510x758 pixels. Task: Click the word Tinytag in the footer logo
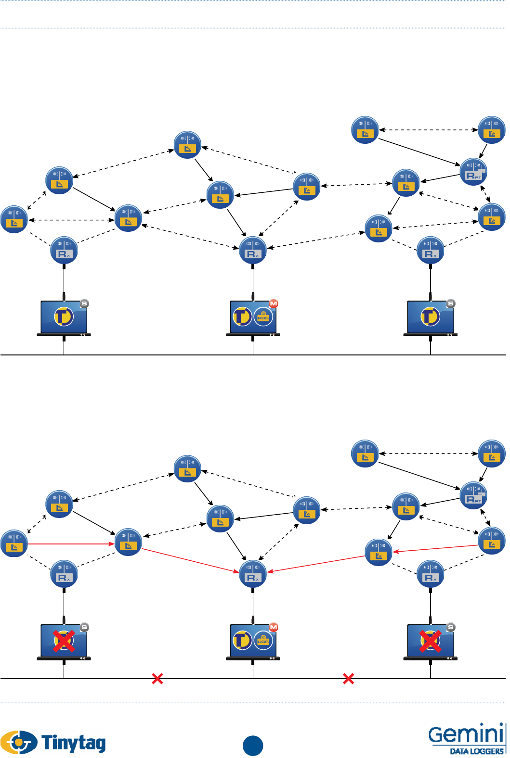pyautogui.click(x=74, y=743)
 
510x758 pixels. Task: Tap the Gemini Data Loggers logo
pyautogui.click(x=466, y=738)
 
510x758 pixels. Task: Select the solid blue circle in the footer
pyautogui.click(x=253, y=745)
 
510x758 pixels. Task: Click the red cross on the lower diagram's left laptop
pyautogui.click(x=64, y=641)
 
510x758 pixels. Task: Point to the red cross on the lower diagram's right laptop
pyautogui.click(x=430, y=641)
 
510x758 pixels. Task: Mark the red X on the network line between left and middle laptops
pyautogui.click(x=157, y=679)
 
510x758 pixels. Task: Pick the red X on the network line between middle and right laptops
pyautogui.click(x=348, y=679)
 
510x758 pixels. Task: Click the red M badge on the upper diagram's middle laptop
pyautogui.click(x=274, y=303)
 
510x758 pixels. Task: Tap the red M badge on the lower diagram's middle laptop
pyautogui.click(x=274, y=627)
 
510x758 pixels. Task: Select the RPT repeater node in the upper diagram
pyautogui.click(x=474, y=172)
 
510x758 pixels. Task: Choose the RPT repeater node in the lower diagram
pyautogui.click(x=474, y=495)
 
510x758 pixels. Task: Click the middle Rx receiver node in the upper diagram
pyautogui.click(x=253, y=250)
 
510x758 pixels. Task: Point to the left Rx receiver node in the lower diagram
pyautogui.click(x=64, y=574)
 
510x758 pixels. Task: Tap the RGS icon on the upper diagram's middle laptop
pyautogui.click(x=263, y=316)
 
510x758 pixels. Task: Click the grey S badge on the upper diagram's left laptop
pyautogui.click(x=84, y=303)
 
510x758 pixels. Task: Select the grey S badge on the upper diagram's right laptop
pyautogui.click(x=451, y=303)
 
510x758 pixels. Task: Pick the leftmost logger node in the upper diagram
pyautogui.click(x=14, y=219)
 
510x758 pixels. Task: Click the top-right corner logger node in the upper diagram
pyautogui.click(x=492, y=130)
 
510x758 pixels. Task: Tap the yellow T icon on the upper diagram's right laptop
pyautogui.click(x=430, y=316)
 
